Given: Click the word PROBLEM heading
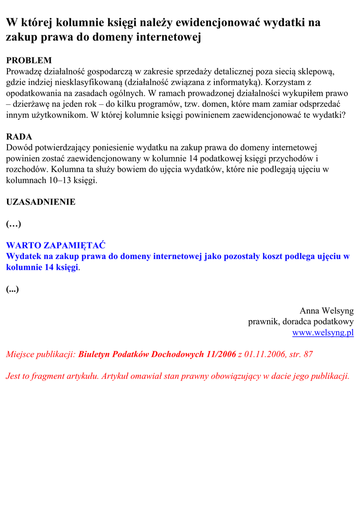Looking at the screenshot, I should (x=29, y=61).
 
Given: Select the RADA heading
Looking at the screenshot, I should (x=19, y=137).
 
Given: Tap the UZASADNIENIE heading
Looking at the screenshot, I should (x=41, y=202).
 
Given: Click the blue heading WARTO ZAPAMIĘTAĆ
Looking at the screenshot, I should (x=56, y=246).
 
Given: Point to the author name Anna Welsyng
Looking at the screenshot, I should (x=326, y=311).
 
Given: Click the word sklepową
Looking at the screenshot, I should (x=314, y=72).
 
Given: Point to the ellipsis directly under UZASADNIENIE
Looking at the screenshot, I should (x=13, y=224).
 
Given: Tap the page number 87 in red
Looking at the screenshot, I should (x=308, y=354).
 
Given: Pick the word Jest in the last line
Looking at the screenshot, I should (x=13, y=376).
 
